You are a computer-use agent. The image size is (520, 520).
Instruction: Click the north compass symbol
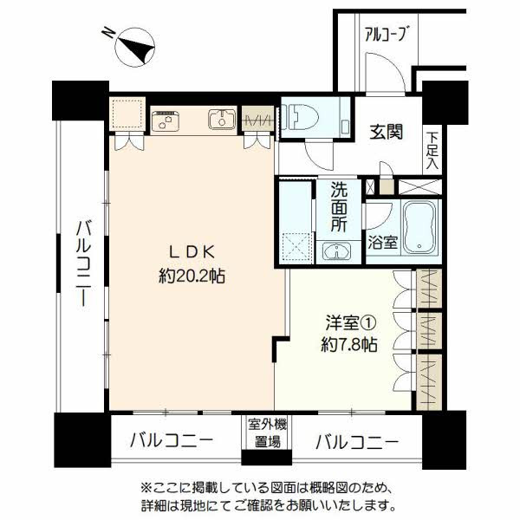[135, 48]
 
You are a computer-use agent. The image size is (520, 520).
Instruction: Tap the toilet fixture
[300, 117]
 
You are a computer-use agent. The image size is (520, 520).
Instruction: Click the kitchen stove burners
[166, 121]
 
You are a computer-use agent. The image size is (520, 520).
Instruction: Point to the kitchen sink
[222, 120]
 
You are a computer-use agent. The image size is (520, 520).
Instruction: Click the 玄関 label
[387, 132]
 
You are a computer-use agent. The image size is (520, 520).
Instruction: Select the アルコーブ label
[386, 34]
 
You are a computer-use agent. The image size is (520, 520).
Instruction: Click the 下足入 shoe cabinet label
[432, 151]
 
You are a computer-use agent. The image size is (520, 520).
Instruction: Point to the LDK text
[192, 253]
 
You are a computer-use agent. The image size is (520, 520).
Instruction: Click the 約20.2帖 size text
[192, 276]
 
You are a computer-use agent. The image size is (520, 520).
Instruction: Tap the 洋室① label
[351, 322]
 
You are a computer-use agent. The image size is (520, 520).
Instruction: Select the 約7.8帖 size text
[349, 345]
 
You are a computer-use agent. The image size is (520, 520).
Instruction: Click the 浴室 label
[382, 243]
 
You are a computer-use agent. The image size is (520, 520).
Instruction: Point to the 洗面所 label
[339, 207]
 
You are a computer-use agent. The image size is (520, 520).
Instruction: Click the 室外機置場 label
[267, 433]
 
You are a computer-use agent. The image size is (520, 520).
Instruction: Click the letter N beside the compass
[108, 33]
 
